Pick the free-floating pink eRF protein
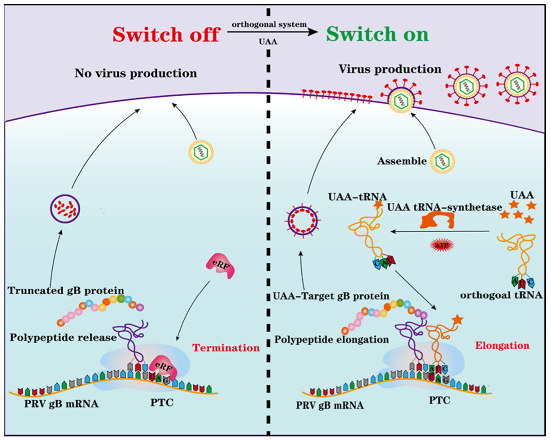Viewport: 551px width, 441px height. coord(220,266)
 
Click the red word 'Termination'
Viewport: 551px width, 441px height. coord(226,348)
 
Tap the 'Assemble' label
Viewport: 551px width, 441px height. coord(402,161)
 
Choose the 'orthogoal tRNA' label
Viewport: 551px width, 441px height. coord(501,295)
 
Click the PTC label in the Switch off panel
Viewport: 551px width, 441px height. coord(162,403)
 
